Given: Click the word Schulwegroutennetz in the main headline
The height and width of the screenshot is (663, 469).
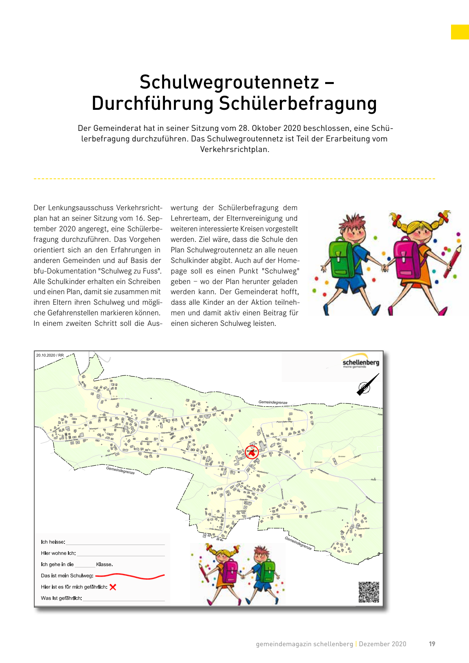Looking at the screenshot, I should point(229,82).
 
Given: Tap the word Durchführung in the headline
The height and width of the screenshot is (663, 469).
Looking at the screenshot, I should point(152,104).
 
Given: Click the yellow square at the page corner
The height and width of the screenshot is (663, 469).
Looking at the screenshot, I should point(460,32).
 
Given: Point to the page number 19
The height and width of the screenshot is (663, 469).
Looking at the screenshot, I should point(432,644).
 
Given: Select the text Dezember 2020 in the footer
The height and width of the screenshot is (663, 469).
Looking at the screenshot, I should point(383,644).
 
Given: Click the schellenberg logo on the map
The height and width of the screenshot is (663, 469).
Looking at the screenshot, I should point(360,361).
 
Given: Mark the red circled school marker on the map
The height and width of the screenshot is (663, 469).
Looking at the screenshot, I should point(252,452).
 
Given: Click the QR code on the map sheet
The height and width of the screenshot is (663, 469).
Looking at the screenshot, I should point(369,592).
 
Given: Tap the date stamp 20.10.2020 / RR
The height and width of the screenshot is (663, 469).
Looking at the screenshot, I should point(50,355).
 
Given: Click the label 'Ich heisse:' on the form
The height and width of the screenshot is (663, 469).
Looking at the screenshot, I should point(53,542).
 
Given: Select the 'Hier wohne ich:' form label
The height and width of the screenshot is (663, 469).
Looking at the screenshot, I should point(58,553).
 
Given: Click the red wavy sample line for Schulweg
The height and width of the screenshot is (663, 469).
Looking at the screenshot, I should point(130,576).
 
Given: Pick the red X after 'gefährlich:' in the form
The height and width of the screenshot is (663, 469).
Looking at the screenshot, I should point(113,587).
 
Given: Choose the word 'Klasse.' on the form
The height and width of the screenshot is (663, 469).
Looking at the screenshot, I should point(104,565).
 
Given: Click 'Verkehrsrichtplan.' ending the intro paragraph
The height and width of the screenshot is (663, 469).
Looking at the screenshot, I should point(234,149).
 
